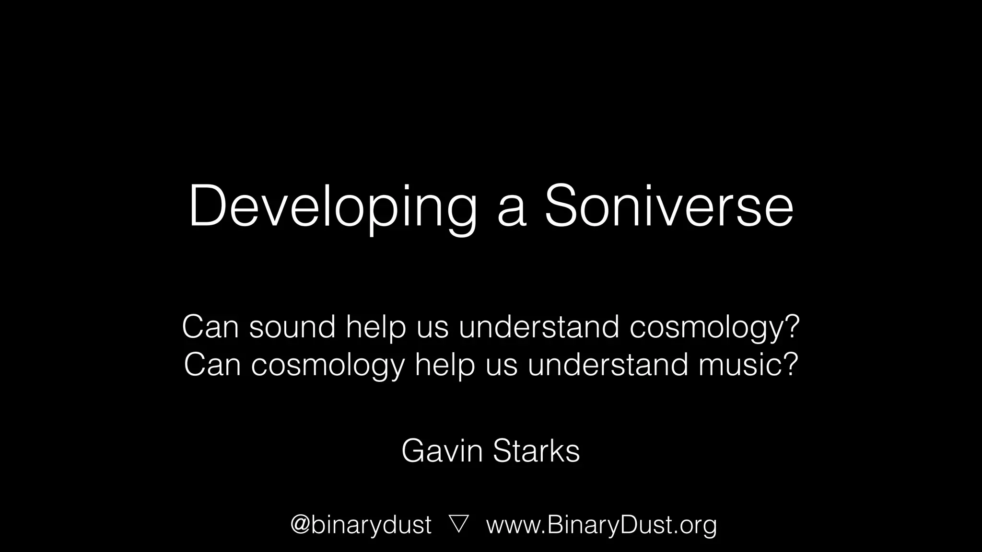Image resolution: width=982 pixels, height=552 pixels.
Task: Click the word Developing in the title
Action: (x=333, y=207)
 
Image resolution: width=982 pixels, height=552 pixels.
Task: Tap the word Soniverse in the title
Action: (x=668, y=207)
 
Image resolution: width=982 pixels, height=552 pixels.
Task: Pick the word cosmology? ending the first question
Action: (x=714, y=328)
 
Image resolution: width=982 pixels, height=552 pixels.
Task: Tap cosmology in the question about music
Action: (x=328, y=365)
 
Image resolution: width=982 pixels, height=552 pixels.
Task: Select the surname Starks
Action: (x=536, y=451)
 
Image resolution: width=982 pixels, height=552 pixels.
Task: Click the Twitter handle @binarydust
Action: (x=361, y=524)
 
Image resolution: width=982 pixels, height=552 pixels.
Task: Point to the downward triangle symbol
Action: (x=459, y=524)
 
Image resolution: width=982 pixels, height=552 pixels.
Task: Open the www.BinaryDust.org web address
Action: (x=601, y=524)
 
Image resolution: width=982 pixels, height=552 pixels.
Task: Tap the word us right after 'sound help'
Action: (x=432, y=328)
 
